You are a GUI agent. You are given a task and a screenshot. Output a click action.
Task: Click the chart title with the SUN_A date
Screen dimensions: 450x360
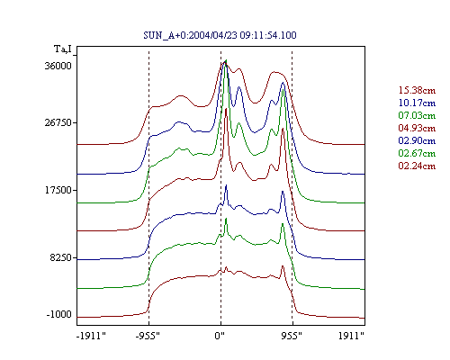coord(220,35)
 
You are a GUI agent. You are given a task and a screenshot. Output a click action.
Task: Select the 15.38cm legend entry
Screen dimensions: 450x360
coord(417,90)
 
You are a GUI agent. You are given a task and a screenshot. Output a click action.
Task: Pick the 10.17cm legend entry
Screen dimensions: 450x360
coord(417,103)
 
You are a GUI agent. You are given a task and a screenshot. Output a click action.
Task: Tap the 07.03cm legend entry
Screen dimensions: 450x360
coord(417,115)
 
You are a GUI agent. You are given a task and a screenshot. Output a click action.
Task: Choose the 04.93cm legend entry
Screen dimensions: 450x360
coord(417,128)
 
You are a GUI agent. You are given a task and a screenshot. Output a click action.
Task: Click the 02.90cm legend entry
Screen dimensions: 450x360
coord(417,140)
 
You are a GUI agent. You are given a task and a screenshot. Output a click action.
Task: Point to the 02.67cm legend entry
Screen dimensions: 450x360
coord(417,153)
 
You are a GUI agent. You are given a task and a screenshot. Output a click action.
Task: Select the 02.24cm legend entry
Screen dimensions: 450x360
coord(417,166)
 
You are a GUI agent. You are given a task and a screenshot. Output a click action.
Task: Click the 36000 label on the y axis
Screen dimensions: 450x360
coord(58,66)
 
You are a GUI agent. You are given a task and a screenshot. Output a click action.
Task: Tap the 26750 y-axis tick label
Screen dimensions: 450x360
coord(58,122)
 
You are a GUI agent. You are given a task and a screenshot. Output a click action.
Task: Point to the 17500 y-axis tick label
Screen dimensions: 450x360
coord(58,190)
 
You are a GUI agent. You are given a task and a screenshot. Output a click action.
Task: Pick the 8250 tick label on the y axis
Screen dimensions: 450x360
coord(61,257)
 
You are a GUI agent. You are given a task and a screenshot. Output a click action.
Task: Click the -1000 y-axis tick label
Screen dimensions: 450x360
coord(59,314)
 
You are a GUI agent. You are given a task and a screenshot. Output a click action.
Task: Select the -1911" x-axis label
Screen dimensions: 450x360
coord(91,336)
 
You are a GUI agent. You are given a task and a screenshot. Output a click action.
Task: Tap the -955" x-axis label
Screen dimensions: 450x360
coord(148,336)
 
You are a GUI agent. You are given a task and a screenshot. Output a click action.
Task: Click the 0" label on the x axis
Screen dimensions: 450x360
coord(220,336)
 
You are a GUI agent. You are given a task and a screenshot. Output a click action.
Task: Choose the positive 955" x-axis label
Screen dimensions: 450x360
coord(292,336)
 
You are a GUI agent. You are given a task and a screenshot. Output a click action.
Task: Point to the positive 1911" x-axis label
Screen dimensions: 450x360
coord(351,336)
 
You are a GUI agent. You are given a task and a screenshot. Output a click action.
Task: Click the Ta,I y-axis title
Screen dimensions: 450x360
coord(63,49)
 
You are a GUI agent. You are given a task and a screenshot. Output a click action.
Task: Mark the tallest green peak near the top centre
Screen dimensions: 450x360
coord(226,60)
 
